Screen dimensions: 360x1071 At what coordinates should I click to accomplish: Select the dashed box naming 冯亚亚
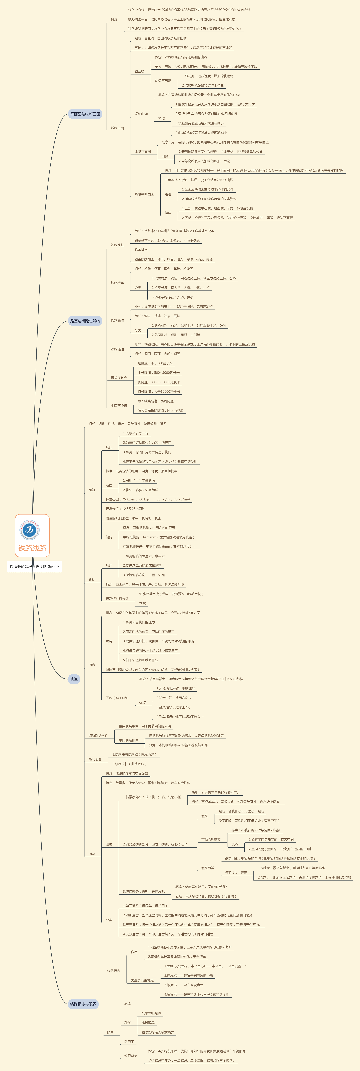coord(34,566)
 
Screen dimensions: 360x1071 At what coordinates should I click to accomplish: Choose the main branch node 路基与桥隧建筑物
coord(85,321)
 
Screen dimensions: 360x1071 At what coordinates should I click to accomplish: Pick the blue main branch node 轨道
coord(74,679)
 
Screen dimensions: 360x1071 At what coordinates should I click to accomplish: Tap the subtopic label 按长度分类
coord(119,377)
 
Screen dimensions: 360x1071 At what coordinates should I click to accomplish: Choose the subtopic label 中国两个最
coord(119,406)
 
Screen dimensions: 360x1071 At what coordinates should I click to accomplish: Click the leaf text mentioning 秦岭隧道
coord(156,401)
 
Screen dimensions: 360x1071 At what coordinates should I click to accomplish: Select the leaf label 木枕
coord(143,603)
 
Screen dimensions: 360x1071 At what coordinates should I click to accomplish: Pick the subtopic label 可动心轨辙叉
coord(211,839)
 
